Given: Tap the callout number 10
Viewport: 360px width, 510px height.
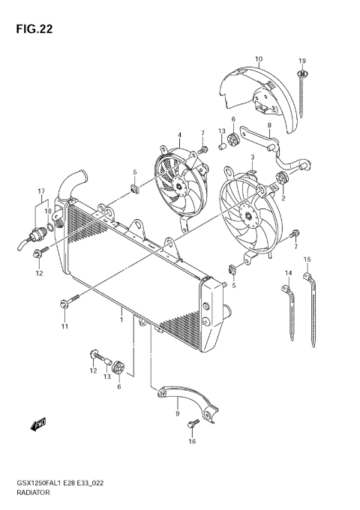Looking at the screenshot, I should point(258,58).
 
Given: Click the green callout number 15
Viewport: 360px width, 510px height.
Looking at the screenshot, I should point(306,259).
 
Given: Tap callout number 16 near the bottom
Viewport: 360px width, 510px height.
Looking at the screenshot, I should point(191,442).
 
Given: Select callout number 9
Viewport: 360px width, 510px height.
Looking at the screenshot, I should point(177,412).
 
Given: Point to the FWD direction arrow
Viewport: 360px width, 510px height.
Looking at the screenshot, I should point(38,425).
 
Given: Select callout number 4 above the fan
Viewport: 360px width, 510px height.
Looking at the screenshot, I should point(179,135).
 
